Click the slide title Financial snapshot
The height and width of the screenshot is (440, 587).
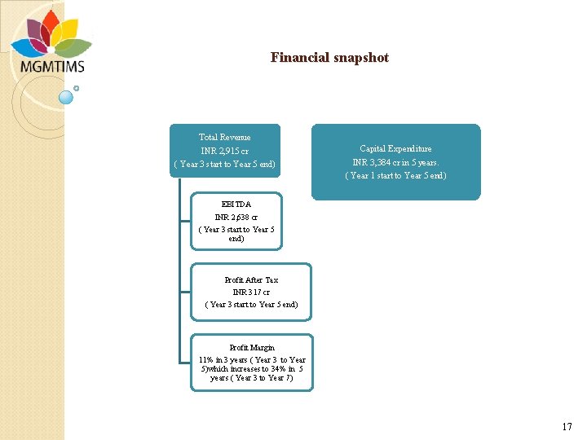point(329,58)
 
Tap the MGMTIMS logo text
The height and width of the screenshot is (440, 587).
point(52,66)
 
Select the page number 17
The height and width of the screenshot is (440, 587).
point(567,427)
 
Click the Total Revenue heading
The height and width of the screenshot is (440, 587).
point(225,138)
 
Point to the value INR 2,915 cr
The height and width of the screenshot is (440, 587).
point(225,151)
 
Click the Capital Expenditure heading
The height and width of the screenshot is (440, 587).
point(396,149)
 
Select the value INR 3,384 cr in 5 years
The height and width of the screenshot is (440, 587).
point(396,162)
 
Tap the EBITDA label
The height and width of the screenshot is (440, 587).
point(236,205)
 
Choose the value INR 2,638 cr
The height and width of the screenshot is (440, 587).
point(236,218)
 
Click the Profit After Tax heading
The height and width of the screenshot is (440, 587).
point(251,280)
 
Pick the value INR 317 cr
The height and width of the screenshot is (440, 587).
point(251,292)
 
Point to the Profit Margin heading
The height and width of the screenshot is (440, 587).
point(251,348)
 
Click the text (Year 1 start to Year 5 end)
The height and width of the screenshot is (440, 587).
point(396,175)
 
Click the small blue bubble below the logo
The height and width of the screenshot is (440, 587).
point(67,97)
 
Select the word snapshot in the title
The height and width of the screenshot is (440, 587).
point(360,58)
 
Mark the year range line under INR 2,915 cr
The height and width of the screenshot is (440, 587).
point(225,164)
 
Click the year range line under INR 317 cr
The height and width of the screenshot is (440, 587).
point(251,304)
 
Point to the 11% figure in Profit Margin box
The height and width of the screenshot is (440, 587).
point(206,359)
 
